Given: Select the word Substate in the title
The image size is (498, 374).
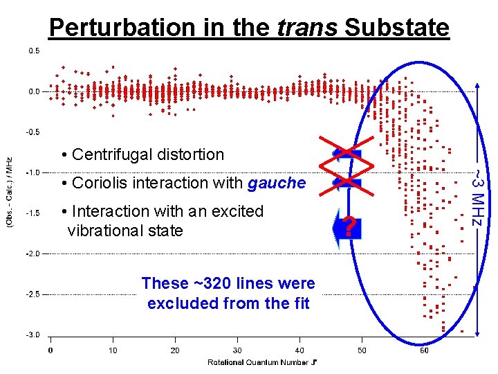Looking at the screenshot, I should click(x=396, y=28).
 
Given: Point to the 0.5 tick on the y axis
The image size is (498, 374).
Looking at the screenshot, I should click(x=33, y=51).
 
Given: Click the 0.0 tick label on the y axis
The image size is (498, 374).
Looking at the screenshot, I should click(x=33, y=91).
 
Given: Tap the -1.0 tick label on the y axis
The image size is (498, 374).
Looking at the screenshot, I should click(x=33, y=172).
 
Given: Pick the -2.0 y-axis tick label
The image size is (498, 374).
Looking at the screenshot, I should click(x=33, y=253).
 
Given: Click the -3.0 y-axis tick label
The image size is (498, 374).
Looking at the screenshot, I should click(x=33, y=335).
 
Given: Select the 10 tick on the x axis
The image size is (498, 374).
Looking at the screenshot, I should click(x=113, y=350).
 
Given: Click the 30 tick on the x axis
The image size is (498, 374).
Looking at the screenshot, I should click(x=237, y=350).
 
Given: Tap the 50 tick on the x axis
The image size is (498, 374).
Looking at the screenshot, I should click(x=362, y=350).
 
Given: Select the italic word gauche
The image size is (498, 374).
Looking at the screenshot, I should click(x=277, y=183).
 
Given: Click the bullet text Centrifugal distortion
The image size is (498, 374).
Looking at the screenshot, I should click(x=148, y=154).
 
